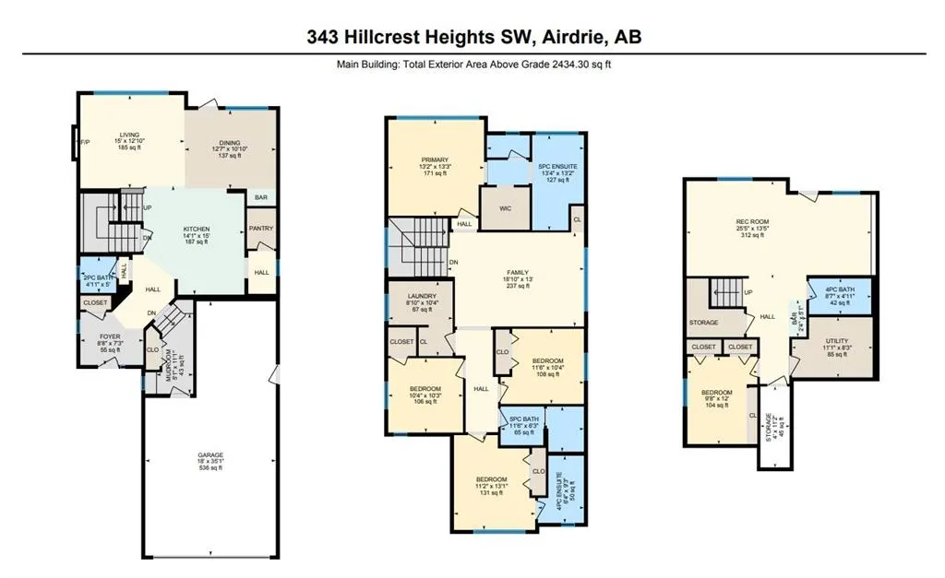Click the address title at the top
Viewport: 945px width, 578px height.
[472, 37]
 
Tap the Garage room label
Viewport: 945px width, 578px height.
[209, 461]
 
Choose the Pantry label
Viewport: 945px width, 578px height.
[261, 229]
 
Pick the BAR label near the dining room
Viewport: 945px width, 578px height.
[261, 197]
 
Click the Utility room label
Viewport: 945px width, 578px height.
[837, 346]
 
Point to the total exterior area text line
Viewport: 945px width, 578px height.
[472, 65]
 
